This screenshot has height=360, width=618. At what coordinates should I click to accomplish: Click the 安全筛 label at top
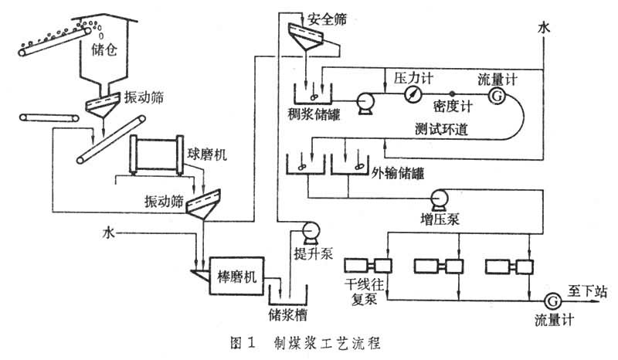(324, 17)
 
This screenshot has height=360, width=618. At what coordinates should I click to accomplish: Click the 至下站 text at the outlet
(592, 291)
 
